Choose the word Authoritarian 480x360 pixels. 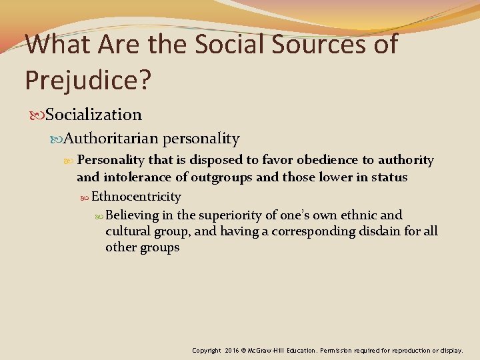pos(111,139)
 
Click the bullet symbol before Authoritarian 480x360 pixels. pos(57,139)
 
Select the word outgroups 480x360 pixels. pos(222,177)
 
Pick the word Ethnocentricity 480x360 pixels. pos(136,196)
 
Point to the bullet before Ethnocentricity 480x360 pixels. pos(85,197)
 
